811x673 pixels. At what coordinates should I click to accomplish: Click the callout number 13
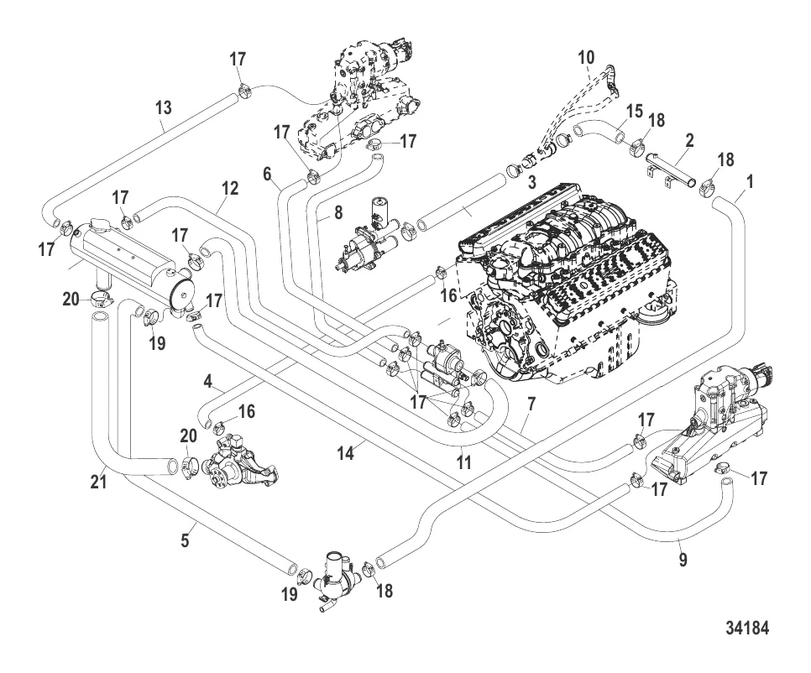[163, 107]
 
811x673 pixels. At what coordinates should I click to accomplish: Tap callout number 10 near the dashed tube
[586, 58]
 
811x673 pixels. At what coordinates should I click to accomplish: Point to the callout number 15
[634, 111]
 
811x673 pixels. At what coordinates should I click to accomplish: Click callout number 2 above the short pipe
[688, 141]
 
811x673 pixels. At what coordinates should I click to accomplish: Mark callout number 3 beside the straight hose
[531, 183]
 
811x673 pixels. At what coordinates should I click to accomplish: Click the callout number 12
[229, 190]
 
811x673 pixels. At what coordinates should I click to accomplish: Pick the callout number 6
[267, 174]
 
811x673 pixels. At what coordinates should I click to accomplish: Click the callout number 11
[463, 461]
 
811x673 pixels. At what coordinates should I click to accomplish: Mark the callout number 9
[683, 560]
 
